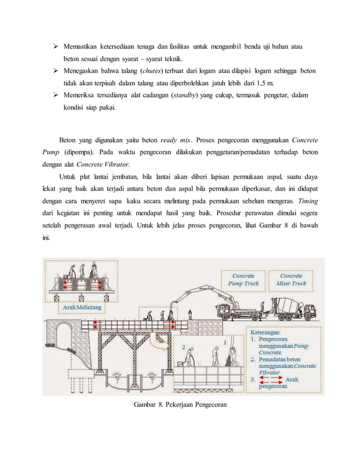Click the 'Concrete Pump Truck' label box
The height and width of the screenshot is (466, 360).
coord(243,279)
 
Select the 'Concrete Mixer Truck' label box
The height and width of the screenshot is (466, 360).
coord(291,279)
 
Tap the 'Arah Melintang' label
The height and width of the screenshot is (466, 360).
coord(82,307)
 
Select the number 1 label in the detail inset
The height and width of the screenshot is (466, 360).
coord(226,341)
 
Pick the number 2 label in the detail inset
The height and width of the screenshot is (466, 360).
coord(183,348)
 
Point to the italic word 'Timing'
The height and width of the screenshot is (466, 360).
coord(309,201)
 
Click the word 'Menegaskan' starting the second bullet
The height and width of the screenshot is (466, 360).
coord(82,70)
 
